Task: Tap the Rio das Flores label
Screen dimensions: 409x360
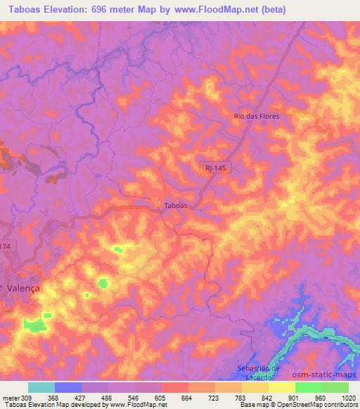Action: [256, 117]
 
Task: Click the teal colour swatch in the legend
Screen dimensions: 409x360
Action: [41, 387]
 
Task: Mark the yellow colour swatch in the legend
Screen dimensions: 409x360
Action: [282, 387]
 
